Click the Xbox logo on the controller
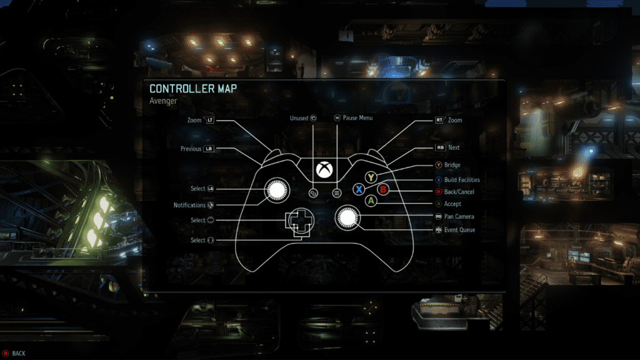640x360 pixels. click(x=324, y=169)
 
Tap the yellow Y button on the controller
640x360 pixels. click(x=371, y=177)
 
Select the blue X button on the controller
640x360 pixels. click(x=359, y=189)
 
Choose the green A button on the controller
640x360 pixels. click(x=371, y=201)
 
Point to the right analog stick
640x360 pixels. click(x=347, y=217)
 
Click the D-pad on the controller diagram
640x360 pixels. click(x=299, y=220)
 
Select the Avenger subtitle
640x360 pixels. click(x=164, y=100)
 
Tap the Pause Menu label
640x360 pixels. click(x=357, y=117)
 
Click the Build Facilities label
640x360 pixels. click(x=462, y=180)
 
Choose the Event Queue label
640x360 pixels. click(x=459, y=230)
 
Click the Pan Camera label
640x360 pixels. click(x=459, y=216)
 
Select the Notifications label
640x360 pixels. click(x=189, y=205)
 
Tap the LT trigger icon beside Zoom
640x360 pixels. click(x=209, y=119)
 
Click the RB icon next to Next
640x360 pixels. click(x=441, y=148)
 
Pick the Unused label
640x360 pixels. click(x=299, y=117)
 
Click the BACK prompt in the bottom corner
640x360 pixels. click(x=19, y=354)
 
